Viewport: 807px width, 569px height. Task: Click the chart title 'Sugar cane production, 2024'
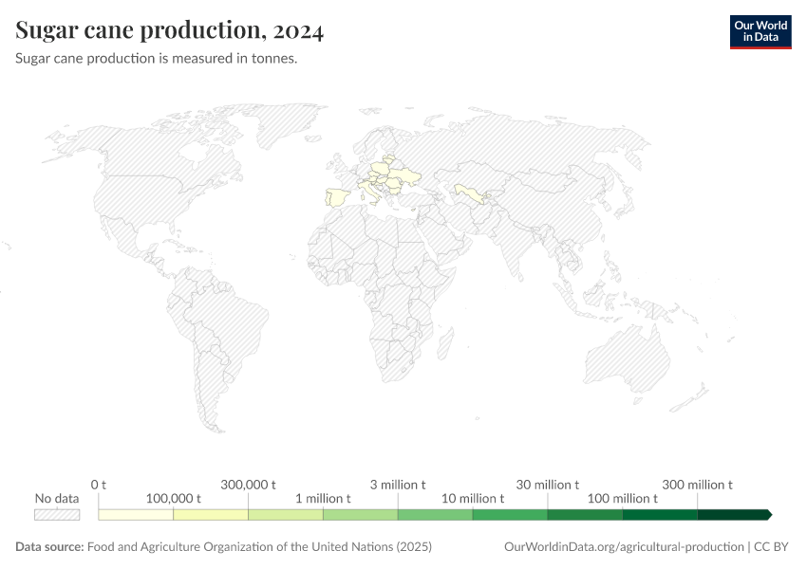click(x=170, y=31)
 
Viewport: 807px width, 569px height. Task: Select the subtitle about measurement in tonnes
click(x=157, y=59)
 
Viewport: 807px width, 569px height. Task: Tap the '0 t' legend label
click(x=99, y=485)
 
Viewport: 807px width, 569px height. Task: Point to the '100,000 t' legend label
click(x=173, y=498)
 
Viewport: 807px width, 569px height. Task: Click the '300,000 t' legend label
click(x=248, y=485)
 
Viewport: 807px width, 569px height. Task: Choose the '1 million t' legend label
click(x=323, y=498)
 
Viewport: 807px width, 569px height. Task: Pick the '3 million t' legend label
click(x=398, y=485)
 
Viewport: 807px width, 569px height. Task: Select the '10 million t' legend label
click(x=473, y=498)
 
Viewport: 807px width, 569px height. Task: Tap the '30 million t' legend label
click(x=548, y=485)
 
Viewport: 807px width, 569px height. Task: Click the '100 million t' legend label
click(x=623, y=498)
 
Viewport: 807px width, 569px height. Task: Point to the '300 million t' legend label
click(x=698, y=485)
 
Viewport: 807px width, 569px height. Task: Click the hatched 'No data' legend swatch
click(x=57, y=515)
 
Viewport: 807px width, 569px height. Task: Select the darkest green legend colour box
click(x=734, y=515)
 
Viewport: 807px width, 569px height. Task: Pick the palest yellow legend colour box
click(x=136, y=515)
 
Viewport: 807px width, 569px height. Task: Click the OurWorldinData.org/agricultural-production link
click(x=625, y=547)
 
